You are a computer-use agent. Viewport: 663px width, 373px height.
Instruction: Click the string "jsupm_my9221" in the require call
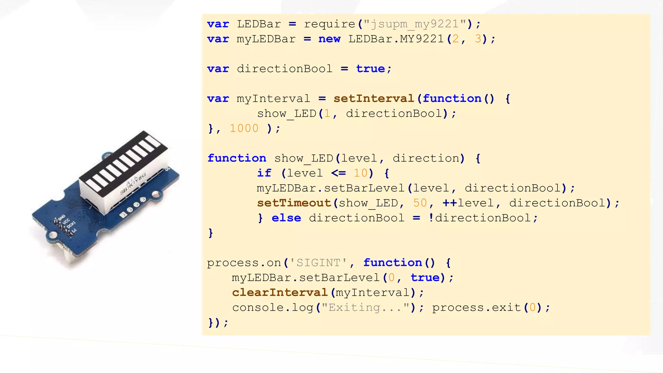(415, 24)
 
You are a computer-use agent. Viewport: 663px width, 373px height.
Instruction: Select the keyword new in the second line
(329, 39)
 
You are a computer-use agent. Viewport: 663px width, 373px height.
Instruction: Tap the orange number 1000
(244, 129)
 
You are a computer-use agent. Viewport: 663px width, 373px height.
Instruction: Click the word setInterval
(374, 98)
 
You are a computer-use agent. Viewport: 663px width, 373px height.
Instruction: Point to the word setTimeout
(294, 203)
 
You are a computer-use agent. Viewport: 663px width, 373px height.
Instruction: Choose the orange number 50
(420, 203)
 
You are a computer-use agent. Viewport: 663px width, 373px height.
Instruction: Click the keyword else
(286, 218)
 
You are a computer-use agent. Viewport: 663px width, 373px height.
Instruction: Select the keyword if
(264, 173)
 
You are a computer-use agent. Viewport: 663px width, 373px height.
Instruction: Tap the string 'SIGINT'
(318, 263)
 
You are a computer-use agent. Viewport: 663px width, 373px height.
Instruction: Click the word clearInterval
(280, 292)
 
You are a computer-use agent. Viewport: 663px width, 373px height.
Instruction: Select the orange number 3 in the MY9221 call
(478, 39)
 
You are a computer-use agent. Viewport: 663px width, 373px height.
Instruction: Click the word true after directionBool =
(370, 69)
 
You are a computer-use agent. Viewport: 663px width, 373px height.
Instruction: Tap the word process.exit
(477, 307)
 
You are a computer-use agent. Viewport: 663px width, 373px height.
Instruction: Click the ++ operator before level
(450, 203)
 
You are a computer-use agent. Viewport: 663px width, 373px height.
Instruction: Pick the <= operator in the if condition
(339, 173)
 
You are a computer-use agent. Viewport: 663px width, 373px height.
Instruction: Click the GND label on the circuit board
(62, 217)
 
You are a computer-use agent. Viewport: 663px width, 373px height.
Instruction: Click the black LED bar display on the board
(123, 162)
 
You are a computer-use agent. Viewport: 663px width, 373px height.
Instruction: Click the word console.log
(273, 307)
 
